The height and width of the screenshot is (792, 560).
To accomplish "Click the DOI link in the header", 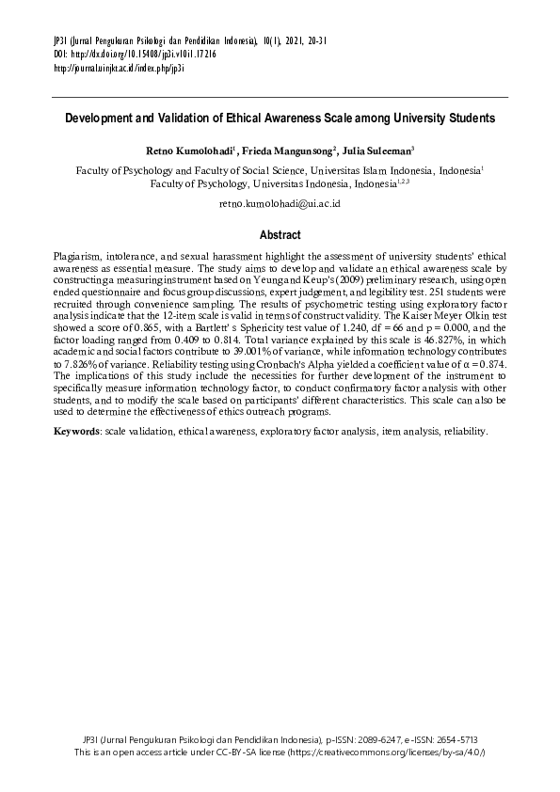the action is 136,55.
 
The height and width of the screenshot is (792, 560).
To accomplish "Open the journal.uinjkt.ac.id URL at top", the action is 119,69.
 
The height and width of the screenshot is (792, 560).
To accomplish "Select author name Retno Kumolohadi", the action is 190,150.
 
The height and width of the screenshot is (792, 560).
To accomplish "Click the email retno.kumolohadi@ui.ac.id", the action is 280,203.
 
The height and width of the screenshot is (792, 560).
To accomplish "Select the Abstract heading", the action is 280,235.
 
